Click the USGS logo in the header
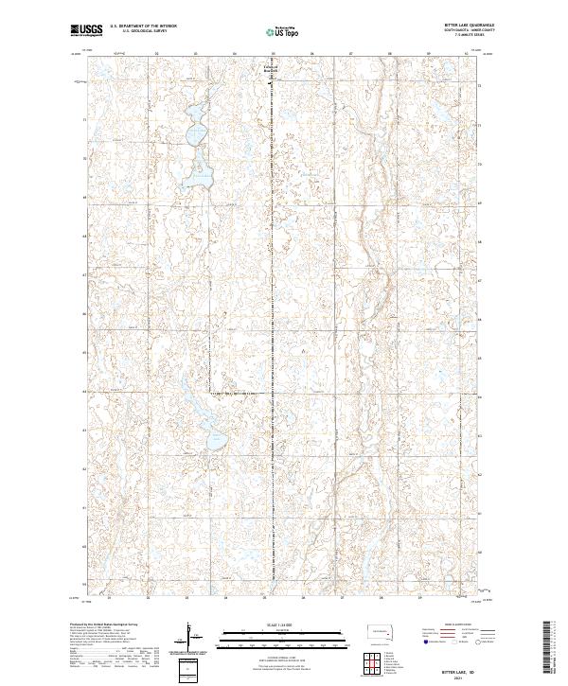[x=85, y=30]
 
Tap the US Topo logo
[x=284, y=31]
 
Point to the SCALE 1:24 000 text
[x=283, y=622]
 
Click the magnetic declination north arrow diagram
[x=192, y=636]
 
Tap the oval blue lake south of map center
[x=216, y=441]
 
